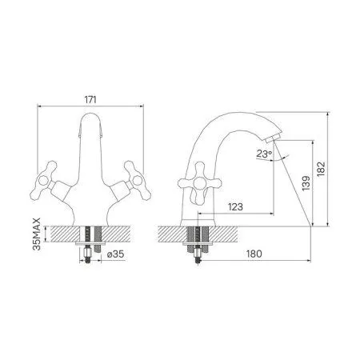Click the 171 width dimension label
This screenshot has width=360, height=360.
[x=90, y=100]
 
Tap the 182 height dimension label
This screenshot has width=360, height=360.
[x=321, y=169]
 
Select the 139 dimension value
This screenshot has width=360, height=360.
[x=306, y=183]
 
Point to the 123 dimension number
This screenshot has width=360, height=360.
[x=235, y=206]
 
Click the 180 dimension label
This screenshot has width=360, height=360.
[x=254, y=254]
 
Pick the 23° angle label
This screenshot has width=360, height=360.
[x=264, y=154]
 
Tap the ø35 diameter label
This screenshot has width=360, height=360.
[x=115, y=254]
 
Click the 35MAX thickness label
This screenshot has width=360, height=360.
[x=37, y=234]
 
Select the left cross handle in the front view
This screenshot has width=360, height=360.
[x=43, y=181]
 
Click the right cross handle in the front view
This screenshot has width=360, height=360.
[x=138, y=181]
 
